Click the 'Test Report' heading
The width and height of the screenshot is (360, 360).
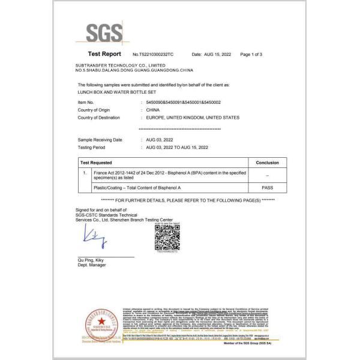(x=104, y=54)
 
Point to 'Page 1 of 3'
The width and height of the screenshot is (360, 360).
(x=251, y=55)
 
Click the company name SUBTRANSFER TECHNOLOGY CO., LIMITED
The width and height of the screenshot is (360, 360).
(x=120, y=64)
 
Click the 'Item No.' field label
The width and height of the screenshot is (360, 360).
(x=86, y=103)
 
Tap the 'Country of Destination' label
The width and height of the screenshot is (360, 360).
(x=100, y=118)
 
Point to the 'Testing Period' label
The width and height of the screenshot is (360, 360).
(x=91, y=147)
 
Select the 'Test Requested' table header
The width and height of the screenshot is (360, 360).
(x=98, y=163)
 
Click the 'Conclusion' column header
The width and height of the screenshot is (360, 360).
(x=267, y=163)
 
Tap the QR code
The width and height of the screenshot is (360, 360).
(x=167, y=237)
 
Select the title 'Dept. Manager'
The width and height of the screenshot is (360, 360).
(x=92, y=265)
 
